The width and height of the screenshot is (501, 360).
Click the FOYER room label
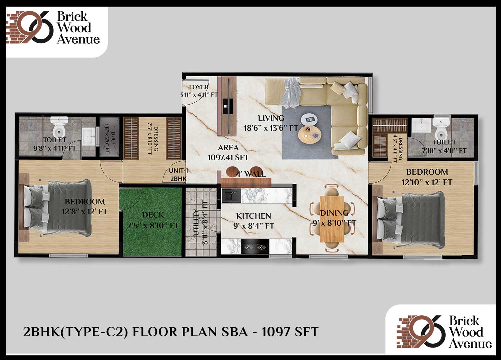click(x=198, y=87)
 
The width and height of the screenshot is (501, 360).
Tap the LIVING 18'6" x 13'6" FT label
click(x=271, y=123)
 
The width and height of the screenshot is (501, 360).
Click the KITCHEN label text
click(x=254, y=216)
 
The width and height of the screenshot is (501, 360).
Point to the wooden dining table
click(x=332, y=219)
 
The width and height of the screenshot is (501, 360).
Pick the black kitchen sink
click(x=231, y=196)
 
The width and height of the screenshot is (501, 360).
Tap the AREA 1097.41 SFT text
click(x=228, y=153)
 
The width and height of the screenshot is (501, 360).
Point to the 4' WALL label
click(x=251, y=174)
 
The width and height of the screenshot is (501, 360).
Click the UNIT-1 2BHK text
click(x=178, y=175)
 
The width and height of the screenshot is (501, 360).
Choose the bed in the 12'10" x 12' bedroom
click(x=409, y=220)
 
